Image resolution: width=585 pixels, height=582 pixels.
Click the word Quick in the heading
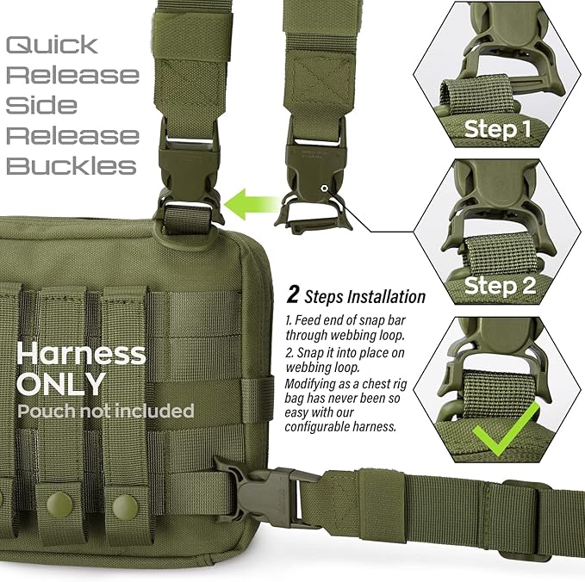(x=52, y=45)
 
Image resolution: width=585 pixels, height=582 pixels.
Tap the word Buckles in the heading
(x=72, y=165)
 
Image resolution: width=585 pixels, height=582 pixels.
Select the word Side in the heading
(x=41, y=105)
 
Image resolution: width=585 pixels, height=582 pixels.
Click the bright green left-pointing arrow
(x=252, y=204)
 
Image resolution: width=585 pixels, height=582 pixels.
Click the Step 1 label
(x=498, y=129)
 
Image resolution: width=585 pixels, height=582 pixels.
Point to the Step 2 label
(x=500, y=286)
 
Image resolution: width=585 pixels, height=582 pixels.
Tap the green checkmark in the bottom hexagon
(x=506, y=429)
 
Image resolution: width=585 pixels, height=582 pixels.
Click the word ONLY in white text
(x=61, y=383)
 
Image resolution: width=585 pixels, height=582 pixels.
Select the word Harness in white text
(x=81, y=354)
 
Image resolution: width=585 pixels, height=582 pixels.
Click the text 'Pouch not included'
(x=106, y=411)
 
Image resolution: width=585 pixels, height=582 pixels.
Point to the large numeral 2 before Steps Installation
(x=293, y=294)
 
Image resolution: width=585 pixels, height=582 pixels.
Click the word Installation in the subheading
(x=386, y=297)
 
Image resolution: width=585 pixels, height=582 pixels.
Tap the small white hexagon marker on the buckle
(x=324, y=189)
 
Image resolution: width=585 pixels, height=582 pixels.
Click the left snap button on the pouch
(x=59, y=505)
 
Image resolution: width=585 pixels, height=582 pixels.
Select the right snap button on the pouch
(x=126, y=506)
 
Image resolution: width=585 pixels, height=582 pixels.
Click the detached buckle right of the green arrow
(x=314, y=176)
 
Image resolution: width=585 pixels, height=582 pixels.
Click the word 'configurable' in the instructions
(x=318, y=426)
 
